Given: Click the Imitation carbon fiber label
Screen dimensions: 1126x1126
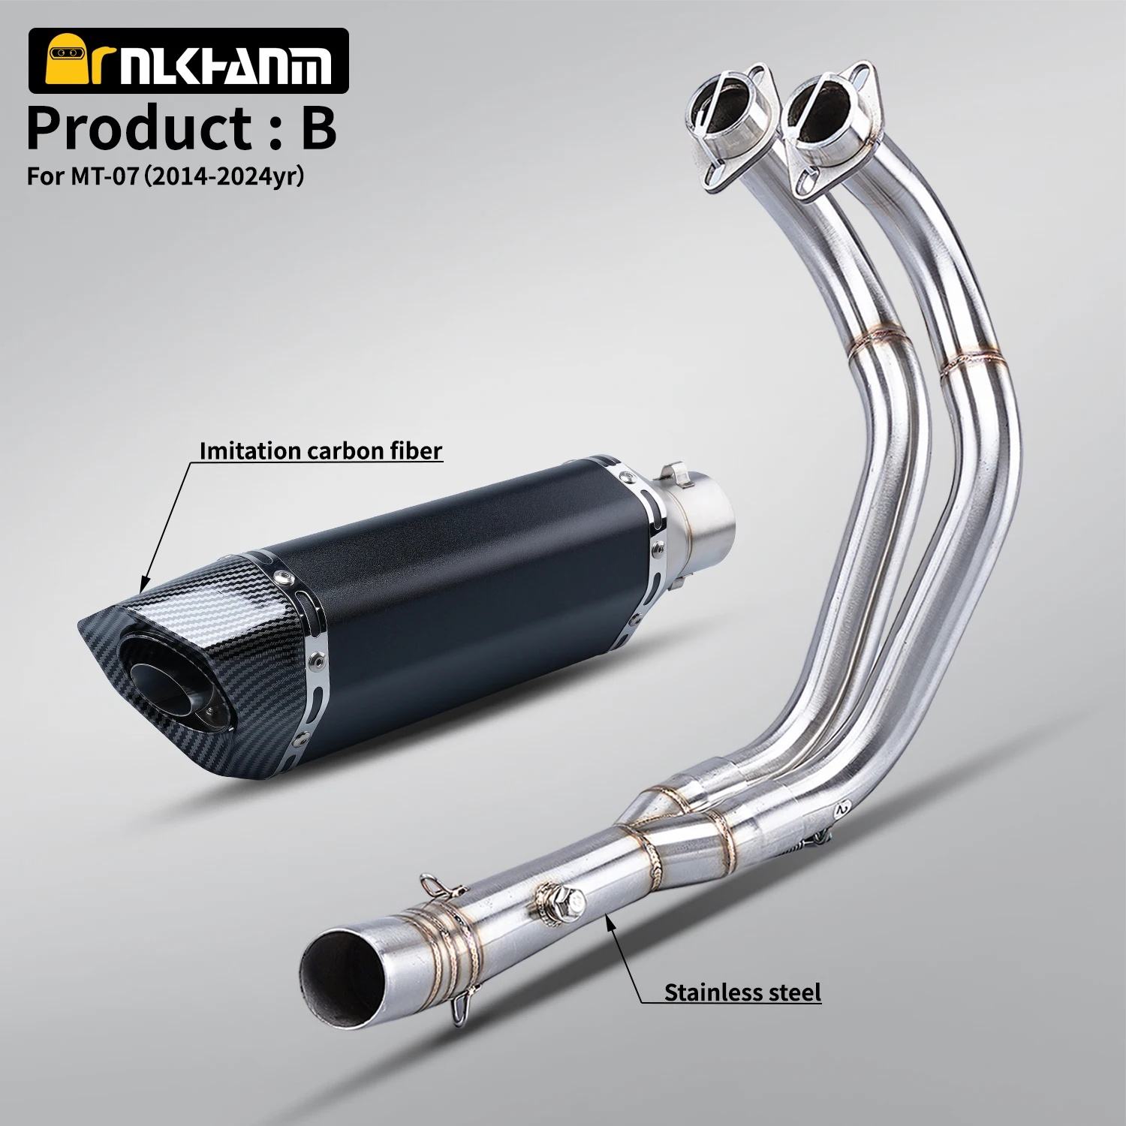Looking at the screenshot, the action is [320, 450].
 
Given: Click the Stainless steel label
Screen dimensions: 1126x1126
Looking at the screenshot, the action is [742, 992].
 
